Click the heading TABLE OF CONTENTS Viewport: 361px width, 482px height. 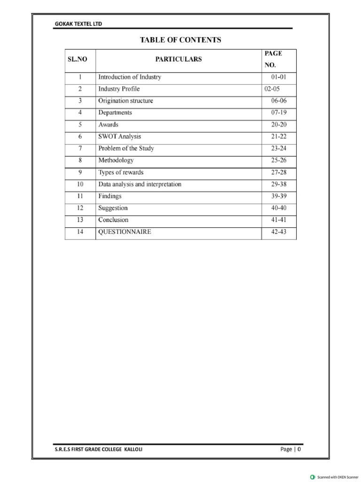pos(180,40)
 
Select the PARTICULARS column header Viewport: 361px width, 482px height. pos(178,60)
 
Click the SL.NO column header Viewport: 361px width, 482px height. pos(80,60)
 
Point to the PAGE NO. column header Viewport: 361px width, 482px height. pos(273,60)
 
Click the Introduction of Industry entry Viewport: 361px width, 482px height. pos(129,77)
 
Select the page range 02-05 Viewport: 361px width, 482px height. pos(272,89)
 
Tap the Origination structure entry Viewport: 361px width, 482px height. pos(126,101)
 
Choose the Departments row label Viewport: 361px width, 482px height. pos(115,113)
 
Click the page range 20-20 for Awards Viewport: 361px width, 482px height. pos(279,125)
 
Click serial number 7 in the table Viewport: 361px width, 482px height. pos(80,148)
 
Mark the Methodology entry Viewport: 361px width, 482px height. pos(116,161)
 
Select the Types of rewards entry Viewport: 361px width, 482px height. pos(121,172)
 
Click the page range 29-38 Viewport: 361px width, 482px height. pos(279,184)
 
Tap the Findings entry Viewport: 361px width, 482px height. pos(110,196)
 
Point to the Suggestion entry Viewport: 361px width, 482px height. pos(113,208)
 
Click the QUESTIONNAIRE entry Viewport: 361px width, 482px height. pos(125,232)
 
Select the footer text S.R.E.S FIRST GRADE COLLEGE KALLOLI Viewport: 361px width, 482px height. pos(99,450)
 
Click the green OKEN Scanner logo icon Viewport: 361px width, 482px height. pos(313,477)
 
